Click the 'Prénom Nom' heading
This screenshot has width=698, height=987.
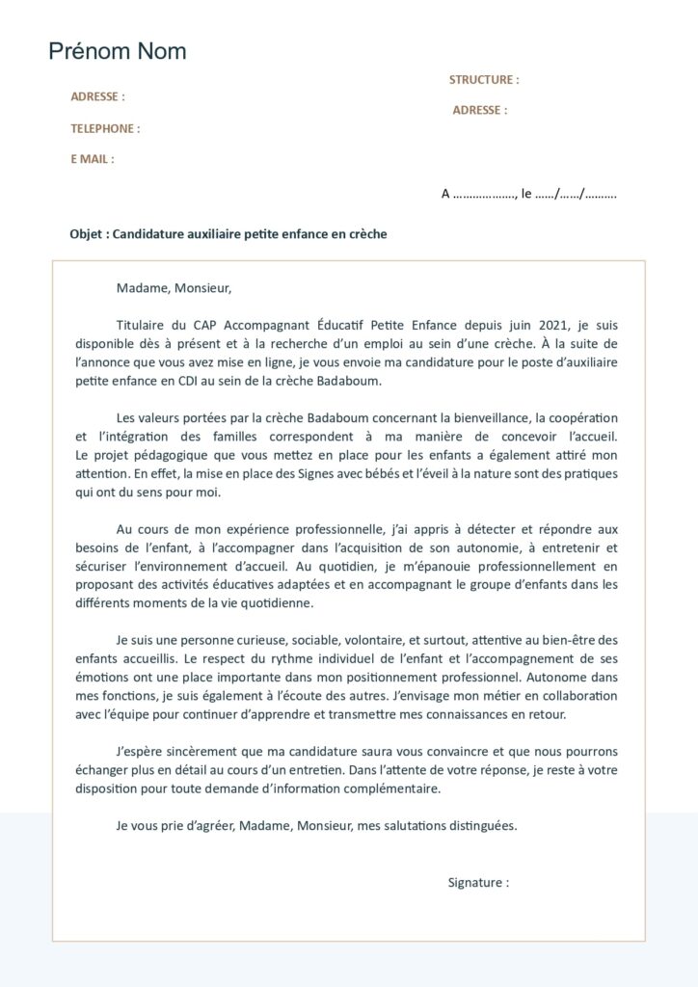click(118, 52)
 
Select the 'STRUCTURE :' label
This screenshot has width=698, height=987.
click(483, 80)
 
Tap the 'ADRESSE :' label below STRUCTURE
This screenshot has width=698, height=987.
click(479, 111)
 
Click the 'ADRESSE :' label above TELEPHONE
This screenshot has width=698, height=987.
click(97, 96)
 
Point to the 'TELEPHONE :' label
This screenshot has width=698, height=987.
click(104, 128)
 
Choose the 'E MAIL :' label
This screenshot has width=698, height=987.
click(92, 159)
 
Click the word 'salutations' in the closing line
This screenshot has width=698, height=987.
click(421, 825)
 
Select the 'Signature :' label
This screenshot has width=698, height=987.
click(477, 882)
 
